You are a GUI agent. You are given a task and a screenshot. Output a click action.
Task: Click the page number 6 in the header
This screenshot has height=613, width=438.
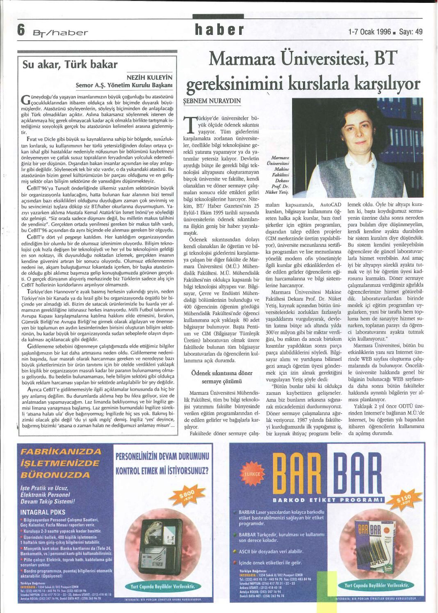pos(21,31)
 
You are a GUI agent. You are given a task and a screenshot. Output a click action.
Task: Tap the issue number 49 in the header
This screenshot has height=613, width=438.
pos(418,32)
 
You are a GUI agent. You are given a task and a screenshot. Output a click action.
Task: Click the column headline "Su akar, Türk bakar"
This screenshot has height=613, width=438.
pos(70,64)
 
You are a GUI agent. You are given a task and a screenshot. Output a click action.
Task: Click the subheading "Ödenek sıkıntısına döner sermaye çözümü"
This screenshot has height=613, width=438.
pos(222,377)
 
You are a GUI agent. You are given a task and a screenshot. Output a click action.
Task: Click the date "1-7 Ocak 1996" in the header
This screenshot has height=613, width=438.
pos(369,32)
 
